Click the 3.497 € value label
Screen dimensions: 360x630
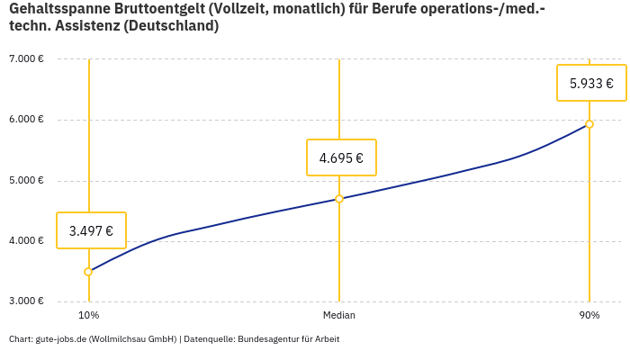click(x=91, y=230)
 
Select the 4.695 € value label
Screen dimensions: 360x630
click(x=341, y=157)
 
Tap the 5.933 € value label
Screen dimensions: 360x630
click(x=591, y=83)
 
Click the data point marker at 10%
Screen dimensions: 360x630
click(x=88, y=272)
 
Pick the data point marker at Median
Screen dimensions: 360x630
click(x=339, y=199)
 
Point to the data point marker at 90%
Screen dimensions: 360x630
click(x=589, y=124)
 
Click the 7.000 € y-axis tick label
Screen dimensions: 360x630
click(x=26, y=59)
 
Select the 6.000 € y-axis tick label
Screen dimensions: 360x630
click(x=26, y=120)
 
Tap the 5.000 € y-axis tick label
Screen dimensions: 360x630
click(x=26, y=180)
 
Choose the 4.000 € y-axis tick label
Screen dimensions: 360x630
click(x=26, y=240)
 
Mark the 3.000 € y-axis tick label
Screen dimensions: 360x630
click(x=26, y=301)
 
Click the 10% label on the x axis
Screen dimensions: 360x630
click(x=88, y=315)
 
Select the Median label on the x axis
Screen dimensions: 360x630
click(x=339, y=315)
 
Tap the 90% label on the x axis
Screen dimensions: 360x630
click(x=589, y=315)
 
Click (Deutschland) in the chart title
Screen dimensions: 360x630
click(x=171, y=26)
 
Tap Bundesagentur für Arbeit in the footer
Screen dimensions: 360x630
click(x=289, y=339)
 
